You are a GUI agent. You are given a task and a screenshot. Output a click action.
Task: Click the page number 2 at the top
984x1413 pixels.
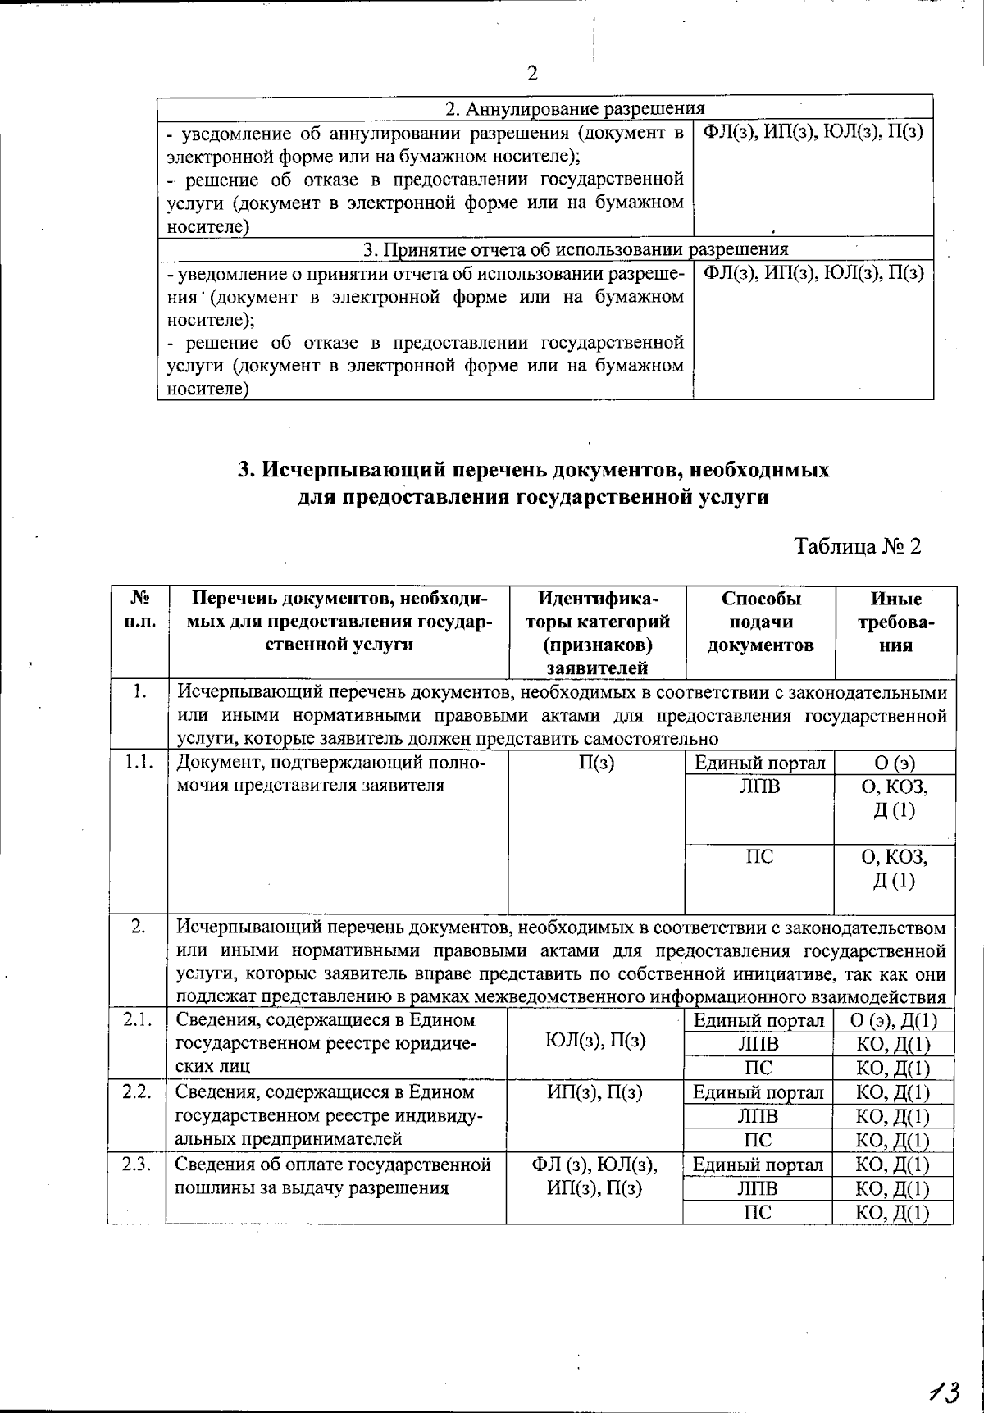(x=532, y=75)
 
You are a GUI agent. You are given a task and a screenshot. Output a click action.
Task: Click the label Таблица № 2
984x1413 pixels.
(x=858, y=546)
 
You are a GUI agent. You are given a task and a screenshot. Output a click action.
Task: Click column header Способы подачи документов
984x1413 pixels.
(x=760, y=622)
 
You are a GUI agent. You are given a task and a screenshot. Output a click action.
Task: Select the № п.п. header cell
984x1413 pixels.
(x=139, y=610)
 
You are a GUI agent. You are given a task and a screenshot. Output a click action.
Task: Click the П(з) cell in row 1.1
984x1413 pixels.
(x=596, y=763)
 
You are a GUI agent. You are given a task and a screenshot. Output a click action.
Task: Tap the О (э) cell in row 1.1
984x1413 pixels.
(x=895, y=763)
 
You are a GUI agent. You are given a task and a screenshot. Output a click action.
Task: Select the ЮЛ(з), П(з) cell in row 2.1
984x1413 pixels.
(x=595, y=1042)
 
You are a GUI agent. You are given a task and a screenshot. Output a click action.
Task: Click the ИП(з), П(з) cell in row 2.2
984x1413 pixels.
(x=595, y=1092)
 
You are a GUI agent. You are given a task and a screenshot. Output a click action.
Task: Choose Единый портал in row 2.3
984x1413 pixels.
(x=758, y=1165)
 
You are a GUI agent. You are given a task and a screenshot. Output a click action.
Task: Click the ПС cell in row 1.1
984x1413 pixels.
(x=759, y=857)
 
